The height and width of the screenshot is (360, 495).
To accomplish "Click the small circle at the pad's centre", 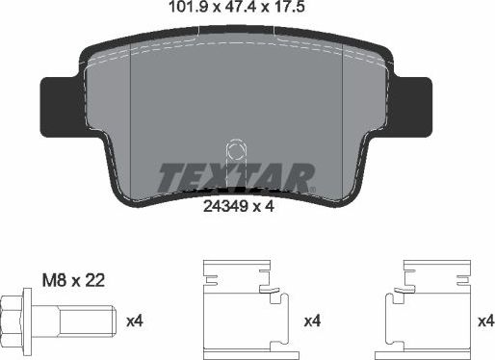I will [x=234, y=150].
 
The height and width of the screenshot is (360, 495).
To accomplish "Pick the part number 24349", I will [x=223, y=204].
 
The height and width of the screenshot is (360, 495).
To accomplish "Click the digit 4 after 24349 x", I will [x=274, y=204].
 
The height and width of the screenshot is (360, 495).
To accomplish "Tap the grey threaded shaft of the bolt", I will [x=88, y=320].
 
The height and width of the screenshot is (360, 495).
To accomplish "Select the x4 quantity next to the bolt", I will [x=136, y=320].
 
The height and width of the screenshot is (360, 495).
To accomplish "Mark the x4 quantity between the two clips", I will [x=314, y=320].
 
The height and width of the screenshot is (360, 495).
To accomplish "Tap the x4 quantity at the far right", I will [x=485, y=320].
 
